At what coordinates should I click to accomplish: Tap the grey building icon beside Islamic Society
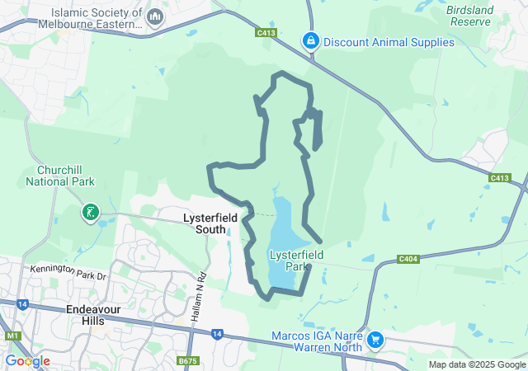[x=154, y=16]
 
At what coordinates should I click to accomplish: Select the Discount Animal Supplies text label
[x=389, y=42]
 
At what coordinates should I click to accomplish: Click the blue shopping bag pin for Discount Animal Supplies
[x=311, y=40]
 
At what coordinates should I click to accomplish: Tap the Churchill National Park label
[x=65, y=176]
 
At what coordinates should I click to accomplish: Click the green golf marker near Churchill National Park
[x=90, y=214]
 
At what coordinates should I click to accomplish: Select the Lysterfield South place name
[x=210, y=223]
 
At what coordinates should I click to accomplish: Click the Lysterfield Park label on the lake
[x=295, y=261]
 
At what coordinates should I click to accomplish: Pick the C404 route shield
[x=408, y=259]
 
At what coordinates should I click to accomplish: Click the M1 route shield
[x=12, y=336]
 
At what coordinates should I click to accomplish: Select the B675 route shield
[x=188, y=360]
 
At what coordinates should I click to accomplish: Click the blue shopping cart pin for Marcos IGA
[x=375, y=339]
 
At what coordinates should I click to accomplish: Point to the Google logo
[x=27, y=361]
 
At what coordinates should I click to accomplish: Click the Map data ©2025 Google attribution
[x=477, y=364]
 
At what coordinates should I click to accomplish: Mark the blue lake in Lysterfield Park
[x=283, y=218]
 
